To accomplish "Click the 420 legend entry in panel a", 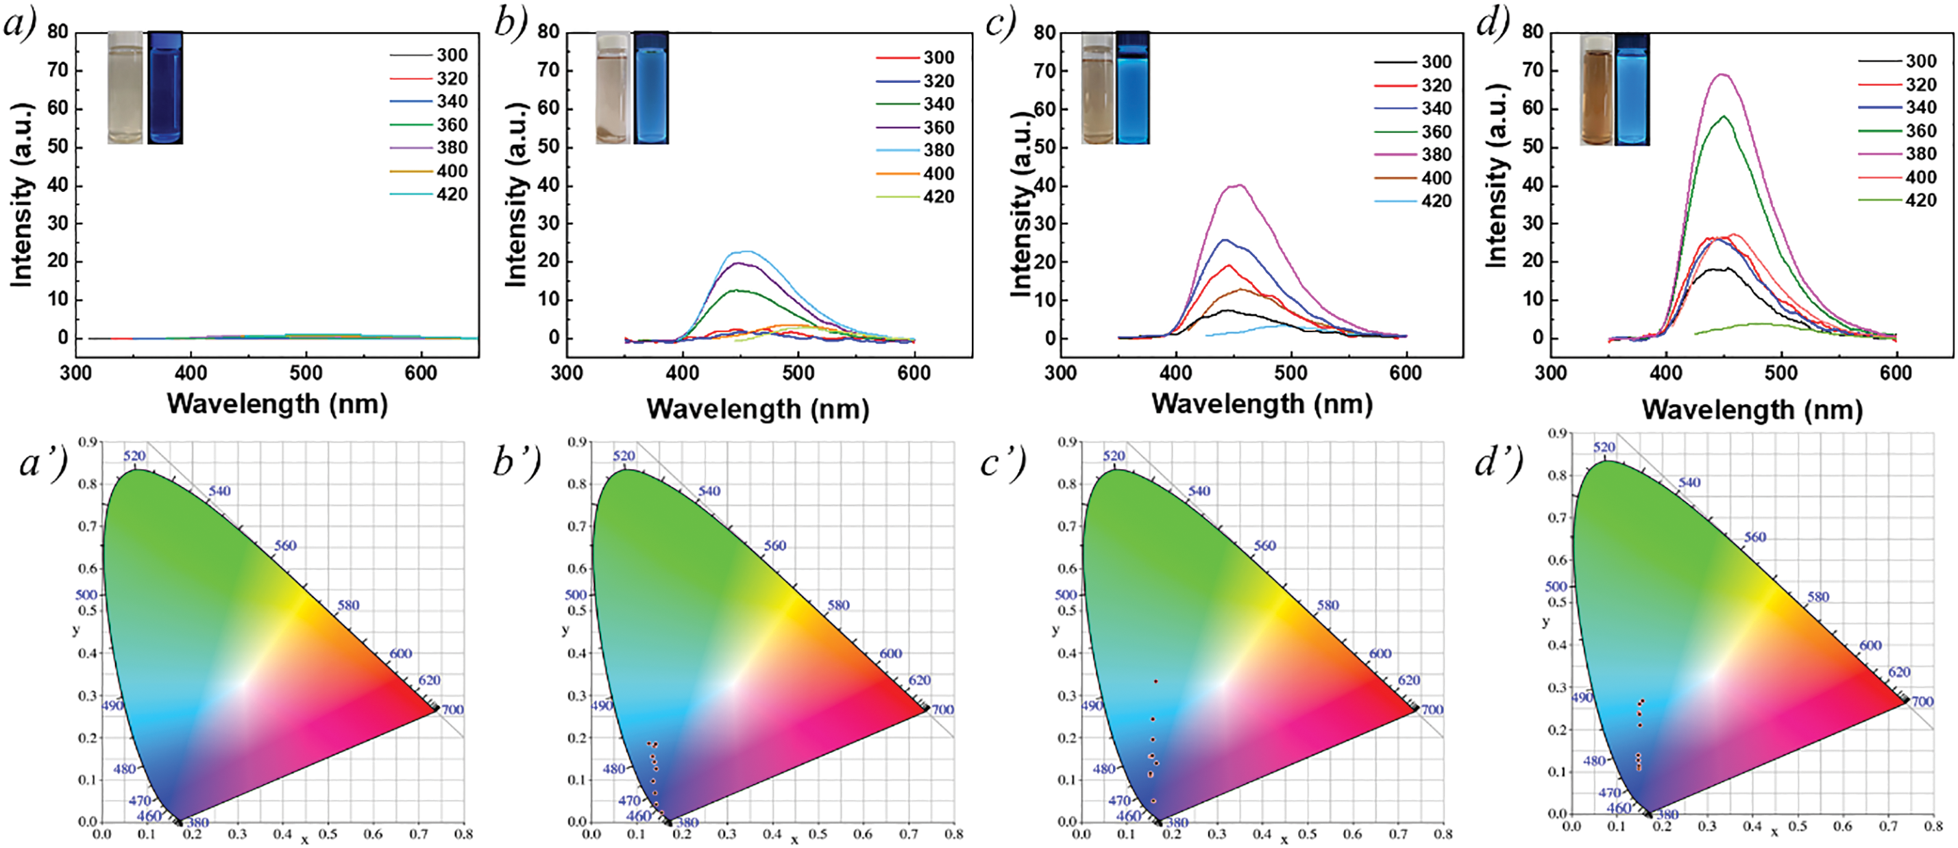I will click(452, 195).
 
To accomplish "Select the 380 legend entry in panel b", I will click(938, 151).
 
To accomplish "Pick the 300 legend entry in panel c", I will click(1436, 62).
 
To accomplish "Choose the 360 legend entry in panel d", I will click(1920, 131).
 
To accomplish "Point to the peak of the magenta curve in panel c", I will click(1239, 185).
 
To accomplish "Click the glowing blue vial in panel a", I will click(165, 88).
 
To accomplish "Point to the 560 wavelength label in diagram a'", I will click(285, 545).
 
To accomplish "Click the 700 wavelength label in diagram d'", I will click(1922, 701).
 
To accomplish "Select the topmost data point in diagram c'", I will click(1156, 682).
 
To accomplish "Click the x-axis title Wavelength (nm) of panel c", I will click(1262, 403).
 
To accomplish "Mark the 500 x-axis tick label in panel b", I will click(798, 373).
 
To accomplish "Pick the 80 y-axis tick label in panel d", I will click(1532, 32).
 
